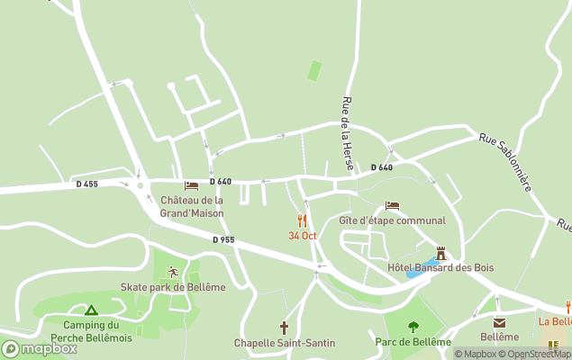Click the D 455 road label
[x=86, y=184]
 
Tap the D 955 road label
[x=223, y=239]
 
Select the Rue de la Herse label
[x=347, y=136]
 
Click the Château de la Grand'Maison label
[x=192, y=207]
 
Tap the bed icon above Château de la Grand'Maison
[x=191, y=186]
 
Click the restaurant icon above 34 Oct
[x=302, y=220]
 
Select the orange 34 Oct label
[x=303, y=236]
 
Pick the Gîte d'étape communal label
[x=392, y=220]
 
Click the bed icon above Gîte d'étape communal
[x=392, y=206]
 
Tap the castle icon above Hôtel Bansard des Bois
[x=440, y=253]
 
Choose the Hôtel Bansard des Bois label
[x=440, y=267]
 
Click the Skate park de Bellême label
[x=173, y=287]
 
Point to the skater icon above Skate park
[x=172, y=272]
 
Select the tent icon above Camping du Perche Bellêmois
[x=91, y=310]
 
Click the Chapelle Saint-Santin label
[x=285, y=343]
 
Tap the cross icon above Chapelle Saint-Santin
[x=284, y=328]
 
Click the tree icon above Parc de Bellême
[x=413, y=327]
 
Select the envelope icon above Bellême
[x=499, y=322]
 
